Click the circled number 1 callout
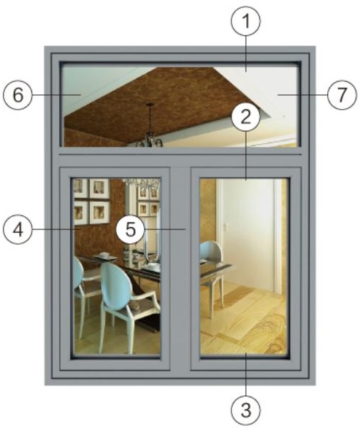pyautogui.click(x=246, y=21)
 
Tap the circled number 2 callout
pyautogui.click(x=245, y=117)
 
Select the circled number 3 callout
pyautogui.click(x=246, y=410)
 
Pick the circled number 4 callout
pyautogui.click(x=18, y=229)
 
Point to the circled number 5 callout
pyautogui.click(x=130, y=229)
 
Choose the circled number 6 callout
pyautogui.click(x=18, y=96)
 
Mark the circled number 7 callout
pyautogui.click(x=342, y=95)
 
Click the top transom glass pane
pyautogui.click(x=180, y=107)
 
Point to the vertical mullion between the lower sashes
pyautogui.click(x=180, y=269)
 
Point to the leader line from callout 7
pyautogui.click(x=303, y=95)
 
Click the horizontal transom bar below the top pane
pyautogui.click(x=180, y=157)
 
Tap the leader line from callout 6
pyautogui.click(x=57, y=95)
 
